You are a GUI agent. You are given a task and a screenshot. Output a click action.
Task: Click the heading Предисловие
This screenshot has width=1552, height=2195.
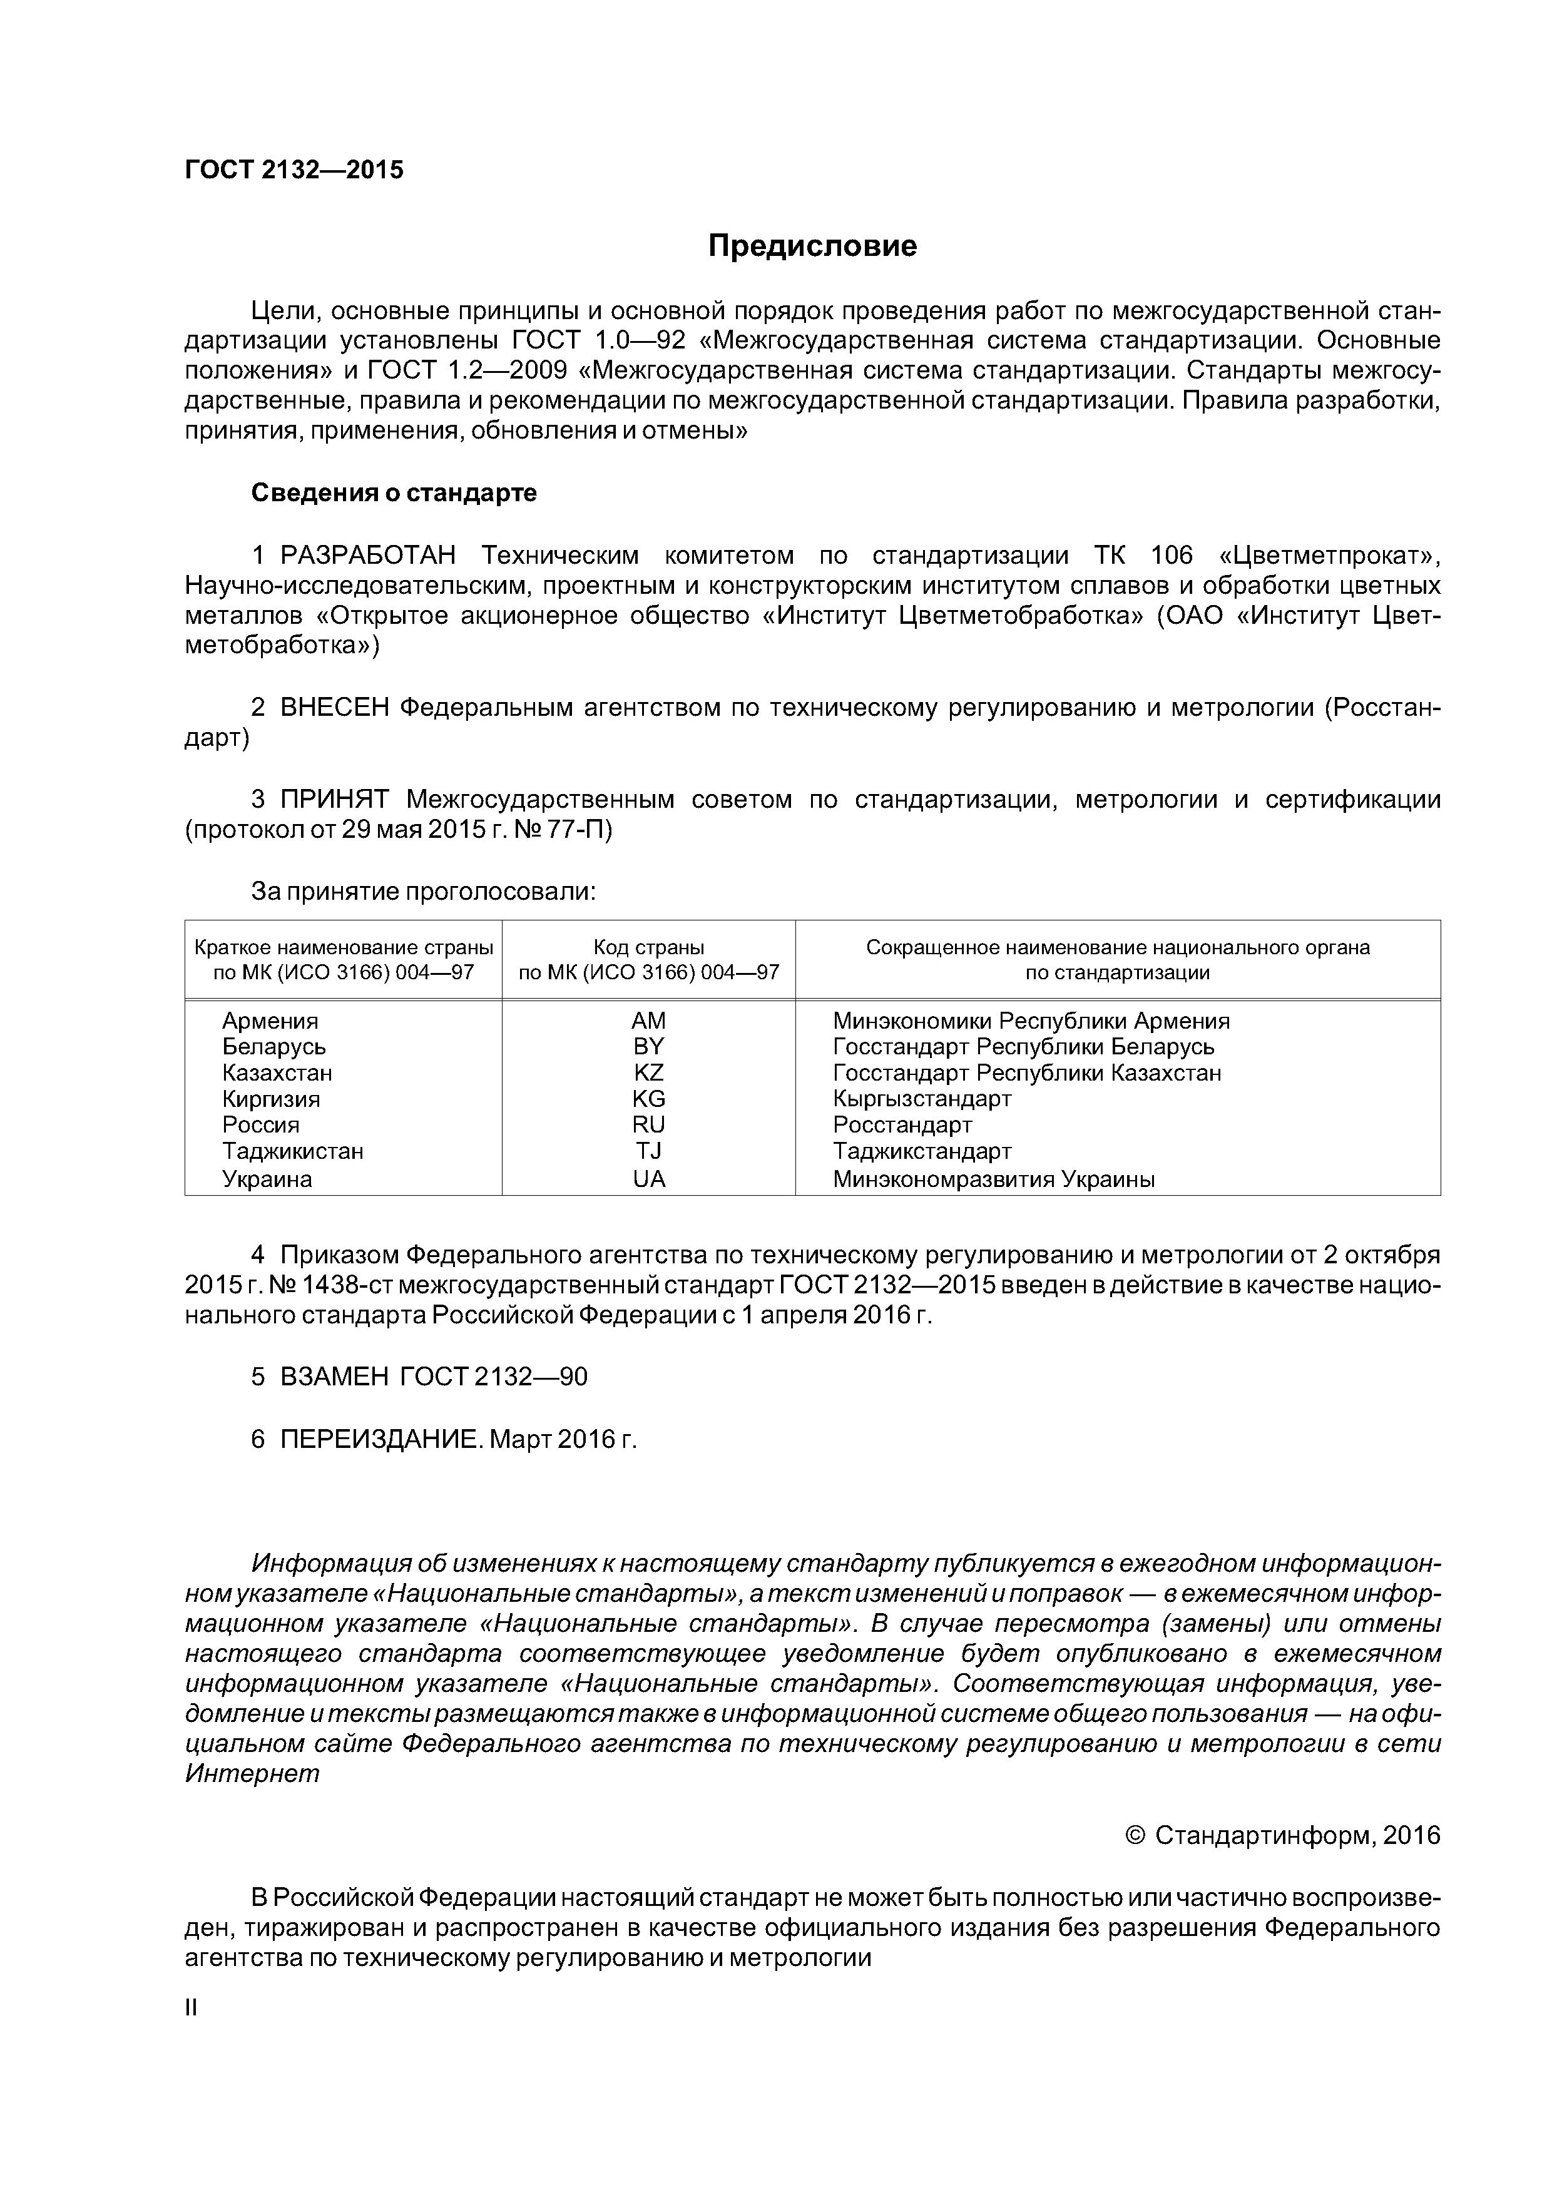(x=812, y=247)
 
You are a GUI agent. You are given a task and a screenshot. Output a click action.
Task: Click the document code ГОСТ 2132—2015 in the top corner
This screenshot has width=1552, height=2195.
(x=294, y=170)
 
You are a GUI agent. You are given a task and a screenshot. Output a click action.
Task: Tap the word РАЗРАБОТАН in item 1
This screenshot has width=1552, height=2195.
(x=368, y=556)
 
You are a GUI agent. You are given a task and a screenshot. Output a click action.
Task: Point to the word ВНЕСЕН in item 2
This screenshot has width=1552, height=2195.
(x=335, y=708)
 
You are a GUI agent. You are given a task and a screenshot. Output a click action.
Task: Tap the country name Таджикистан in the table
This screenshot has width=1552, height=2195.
(x=293, y=1151)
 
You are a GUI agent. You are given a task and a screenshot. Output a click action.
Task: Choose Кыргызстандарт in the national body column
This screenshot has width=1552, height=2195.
(x=922, y=1099)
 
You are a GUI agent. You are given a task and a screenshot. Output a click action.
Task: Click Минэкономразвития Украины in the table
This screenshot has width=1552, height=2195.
(x=994, y=1179)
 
